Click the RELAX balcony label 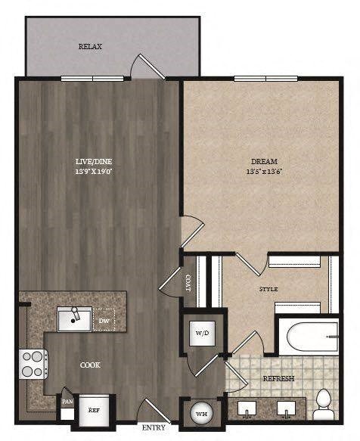click(x=90, y=47)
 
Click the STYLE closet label click(x=268, y=289)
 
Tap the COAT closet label click(x=188, y=282)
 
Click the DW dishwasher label click(x=104, y=320)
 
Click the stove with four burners click(x=33, y=364)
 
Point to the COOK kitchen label click(x=91, y=365)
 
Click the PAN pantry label click(x=67, y=402)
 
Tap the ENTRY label click(x=155, y=428)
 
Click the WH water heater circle click(x=202, y=413)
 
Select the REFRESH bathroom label click(x=278, y=378)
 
